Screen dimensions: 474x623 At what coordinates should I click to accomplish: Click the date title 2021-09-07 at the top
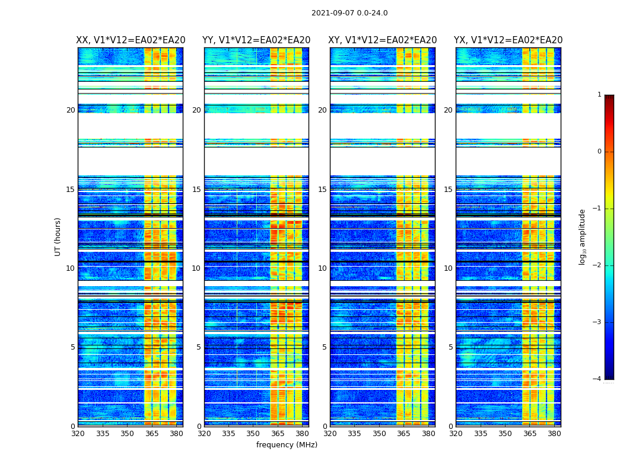[349, 13]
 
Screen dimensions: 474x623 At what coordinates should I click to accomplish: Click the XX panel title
[131, 40]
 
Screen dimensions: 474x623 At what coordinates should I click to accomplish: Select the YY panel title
[256, 40]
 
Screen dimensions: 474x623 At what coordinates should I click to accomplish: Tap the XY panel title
[383, 40]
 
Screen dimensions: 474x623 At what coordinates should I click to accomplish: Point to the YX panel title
[508, 40]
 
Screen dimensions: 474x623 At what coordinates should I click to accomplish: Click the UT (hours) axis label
[58, 236]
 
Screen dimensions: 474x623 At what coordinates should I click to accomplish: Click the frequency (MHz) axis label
[287, 445]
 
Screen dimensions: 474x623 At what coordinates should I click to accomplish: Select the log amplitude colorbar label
[583, 236]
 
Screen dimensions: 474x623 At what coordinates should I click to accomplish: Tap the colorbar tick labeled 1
[599, 95]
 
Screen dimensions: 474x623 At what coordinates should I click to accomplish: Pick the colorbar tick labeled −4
[597, 379]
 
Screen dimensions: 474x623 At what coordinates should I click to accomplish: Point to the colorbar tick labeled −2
[597, 265]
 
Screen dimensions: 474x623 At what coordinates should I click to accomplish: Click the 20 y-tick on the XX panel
[71, 110]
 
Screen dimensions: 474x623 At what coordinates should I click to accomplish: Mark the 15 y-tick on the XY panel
[322, 190]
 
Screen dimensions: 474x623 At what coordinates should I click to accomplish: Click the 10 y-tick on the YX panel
[448, 268]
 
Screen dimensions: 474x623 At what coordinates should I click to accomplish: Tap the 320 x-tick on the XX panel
[78, 434]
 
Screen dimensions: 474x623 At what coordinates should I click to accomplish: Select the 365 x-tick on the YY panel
[278, 434]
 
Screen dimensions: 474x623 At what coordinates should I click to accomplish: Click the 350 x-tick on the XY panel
[379, 434]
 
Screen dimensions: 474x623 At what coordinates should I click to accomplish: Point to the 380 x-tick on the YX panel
[554, 434]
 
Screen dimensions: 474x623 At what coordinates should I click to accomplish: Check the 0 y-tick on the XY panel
[325, 426]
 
